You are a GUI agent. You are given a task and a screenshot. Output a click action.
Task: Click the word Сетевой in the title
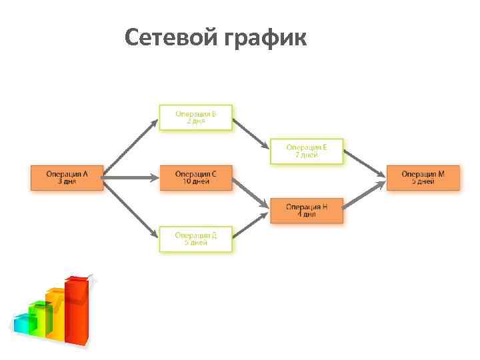coord(167,37)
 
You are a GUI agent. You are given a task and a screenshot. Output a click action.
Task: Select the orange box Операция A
coord(67,178)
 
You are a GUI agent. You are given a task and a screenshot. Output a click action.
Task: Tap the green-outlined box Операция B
coord(195,117)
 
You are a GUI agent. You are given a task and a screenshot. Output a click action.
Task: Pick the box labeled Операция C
coord(195,178)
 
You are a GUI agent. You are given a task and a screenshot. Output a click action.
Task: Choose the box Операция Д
coord(195,239)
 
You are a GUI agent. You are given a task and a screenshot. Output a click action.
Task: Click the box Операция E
coord(306,151)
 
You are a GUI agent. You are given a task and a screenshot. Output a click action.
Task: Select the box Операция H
coord(306,211)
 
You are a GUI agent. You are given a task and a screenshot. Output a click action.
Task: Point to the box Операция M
coord(423,178)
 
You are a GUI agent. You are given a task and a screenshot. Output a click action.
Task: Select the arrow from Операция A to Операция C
coord(131,178)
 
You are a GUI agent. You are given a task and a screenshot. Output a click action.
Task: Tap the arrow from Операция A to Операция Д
coord(131,209)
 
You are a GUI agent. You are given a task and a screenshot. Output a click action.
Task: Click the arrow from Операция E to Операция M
coord(365,164)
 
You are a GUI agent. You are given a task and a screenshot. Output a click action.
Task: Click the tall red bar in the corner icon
coord(77,310)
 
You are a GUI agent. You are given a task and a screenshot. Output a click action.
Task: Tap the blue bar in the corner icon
coord(25,325)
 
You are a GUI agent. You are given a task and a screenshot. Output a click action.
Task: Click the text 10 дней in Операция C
coord(195,182)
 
